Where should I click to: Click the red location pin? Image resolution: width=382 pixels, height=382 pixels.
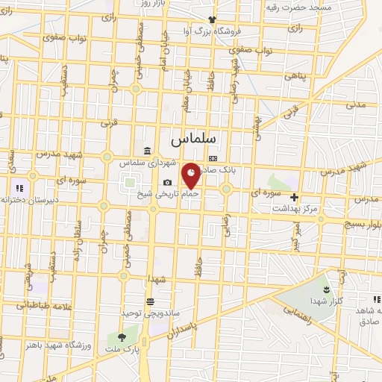(x=192, y=175)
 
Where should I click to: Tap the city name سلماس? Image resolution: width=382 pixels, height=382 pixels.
(x=192, y=139)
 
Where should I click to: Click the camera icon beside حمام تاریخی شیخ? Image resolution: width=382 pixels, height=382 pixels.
(x=167, y=183)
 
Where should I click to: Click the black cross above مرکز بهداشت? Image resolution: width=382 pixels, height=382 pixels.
(x=295, y=198)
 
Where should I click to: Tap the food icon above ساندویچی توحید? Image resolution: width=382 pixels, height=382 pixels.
(x=151, y=301)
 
